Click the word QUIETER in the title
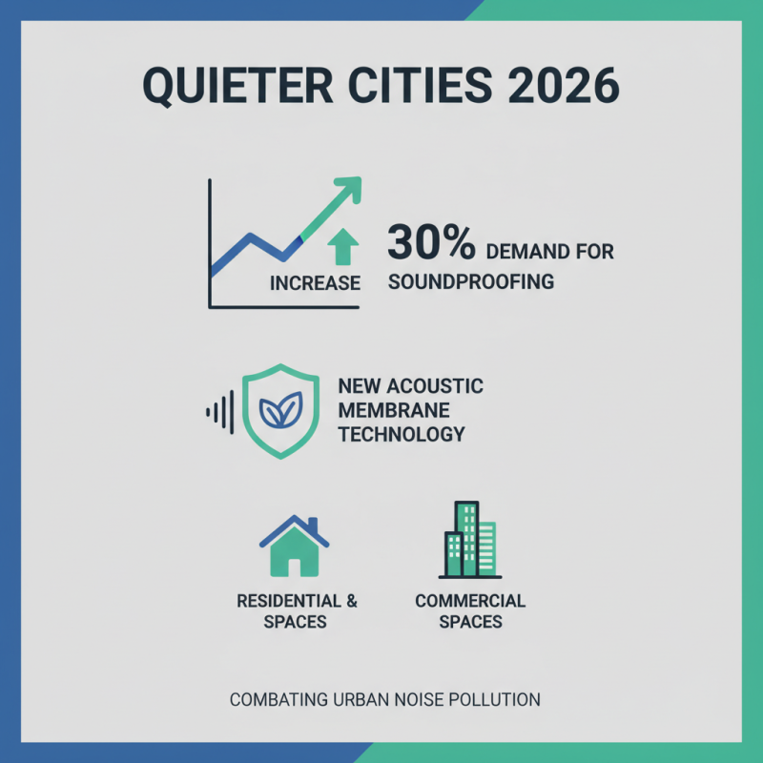click(x=237, y=86)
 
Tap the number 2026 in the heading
click(x=564, y=85)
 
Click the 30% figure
click(x=431, y=242)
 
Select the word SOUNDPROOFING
click(x=471, y=281)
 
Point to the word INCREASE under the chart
click(x=315, y=282)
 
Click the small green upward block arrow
click(x=343, y=246)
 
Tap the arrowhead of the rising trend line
click(x=349, y=188)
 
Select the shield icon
click(x=280, y=411)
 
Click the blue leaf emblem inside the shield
click(x=280, y=410)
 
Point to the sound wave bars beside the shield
click(x=220, y=412)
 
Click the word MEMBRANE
click(x=394, y=410)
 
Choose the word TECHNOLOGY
click(x=402, y=434)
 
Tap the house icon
click(x=295, y=546)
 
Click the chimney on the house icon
click(x=313, y=525)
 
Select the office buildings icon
click(x=470, y=540)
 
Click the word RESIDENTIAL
click(x=289, y=601)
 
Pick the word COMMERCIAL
click(x=470, y=601)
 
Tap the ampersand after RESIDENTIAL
click(x=352, y=601)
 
